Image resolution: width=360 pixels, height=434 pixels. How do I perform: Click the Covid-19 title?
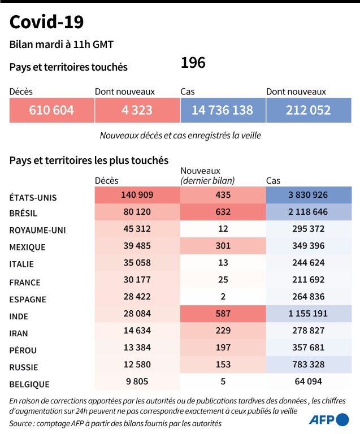47,22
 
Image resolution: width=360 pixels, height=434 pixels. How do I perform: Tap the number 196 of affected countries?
193,63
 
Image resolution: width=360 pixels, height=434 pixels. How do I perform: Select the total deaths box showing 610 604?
51,110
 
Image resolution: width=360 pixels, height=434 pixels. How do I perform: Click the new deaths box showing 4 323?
137,110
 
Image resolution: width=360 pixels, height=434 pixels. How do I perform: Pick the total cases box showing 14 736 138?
222,110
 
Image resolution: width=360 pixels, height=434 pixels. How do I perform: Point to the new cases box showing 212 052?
308,110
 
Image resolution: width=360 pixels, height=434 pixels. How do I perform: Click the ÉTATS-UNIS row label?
33,198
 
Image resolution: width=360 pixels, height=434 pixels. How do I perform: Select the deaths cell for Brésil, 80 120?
137,212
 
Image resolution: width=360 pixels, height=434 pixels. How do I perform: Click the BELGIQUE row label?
29,384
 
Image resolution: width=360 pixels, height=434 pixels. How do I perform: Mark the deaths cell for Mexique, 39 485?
137,246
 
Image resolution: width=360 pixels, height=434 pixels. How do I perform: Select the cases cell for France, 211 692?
308,280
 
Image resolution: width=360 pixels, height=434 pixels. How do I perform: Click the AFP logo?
329,419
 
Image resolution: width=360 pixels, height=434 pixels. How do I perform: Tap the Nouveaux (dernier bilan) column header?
207,175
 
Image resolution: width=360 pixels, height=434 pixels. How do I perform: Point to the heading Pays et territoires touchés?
68,67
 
